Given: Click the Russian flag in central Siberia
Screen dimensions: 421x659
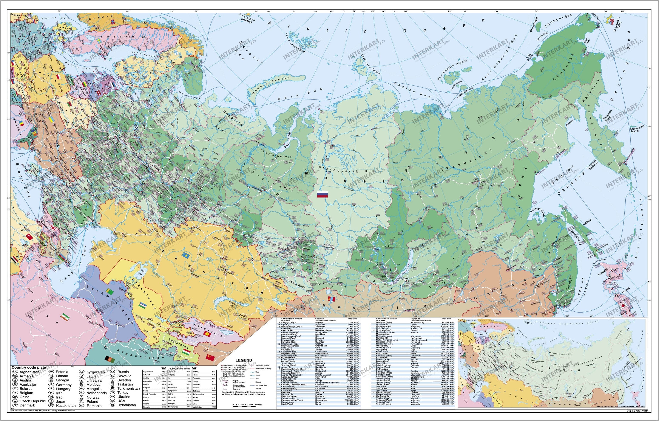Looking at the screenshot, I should point(322,194).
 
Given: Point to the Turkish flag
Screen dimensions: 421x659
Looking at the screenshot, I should point(29,237).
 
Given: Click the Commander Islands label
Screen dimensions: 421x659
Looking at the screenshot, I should point(637,129).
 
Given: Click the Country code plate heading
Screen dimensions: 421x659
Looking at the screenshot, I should point(28,368).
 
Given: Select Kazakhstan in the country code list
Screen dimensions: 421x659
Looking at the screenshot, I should point(66,405).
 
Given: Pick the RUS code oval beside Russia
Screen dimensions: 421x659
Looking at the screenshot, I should point(112,372).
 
